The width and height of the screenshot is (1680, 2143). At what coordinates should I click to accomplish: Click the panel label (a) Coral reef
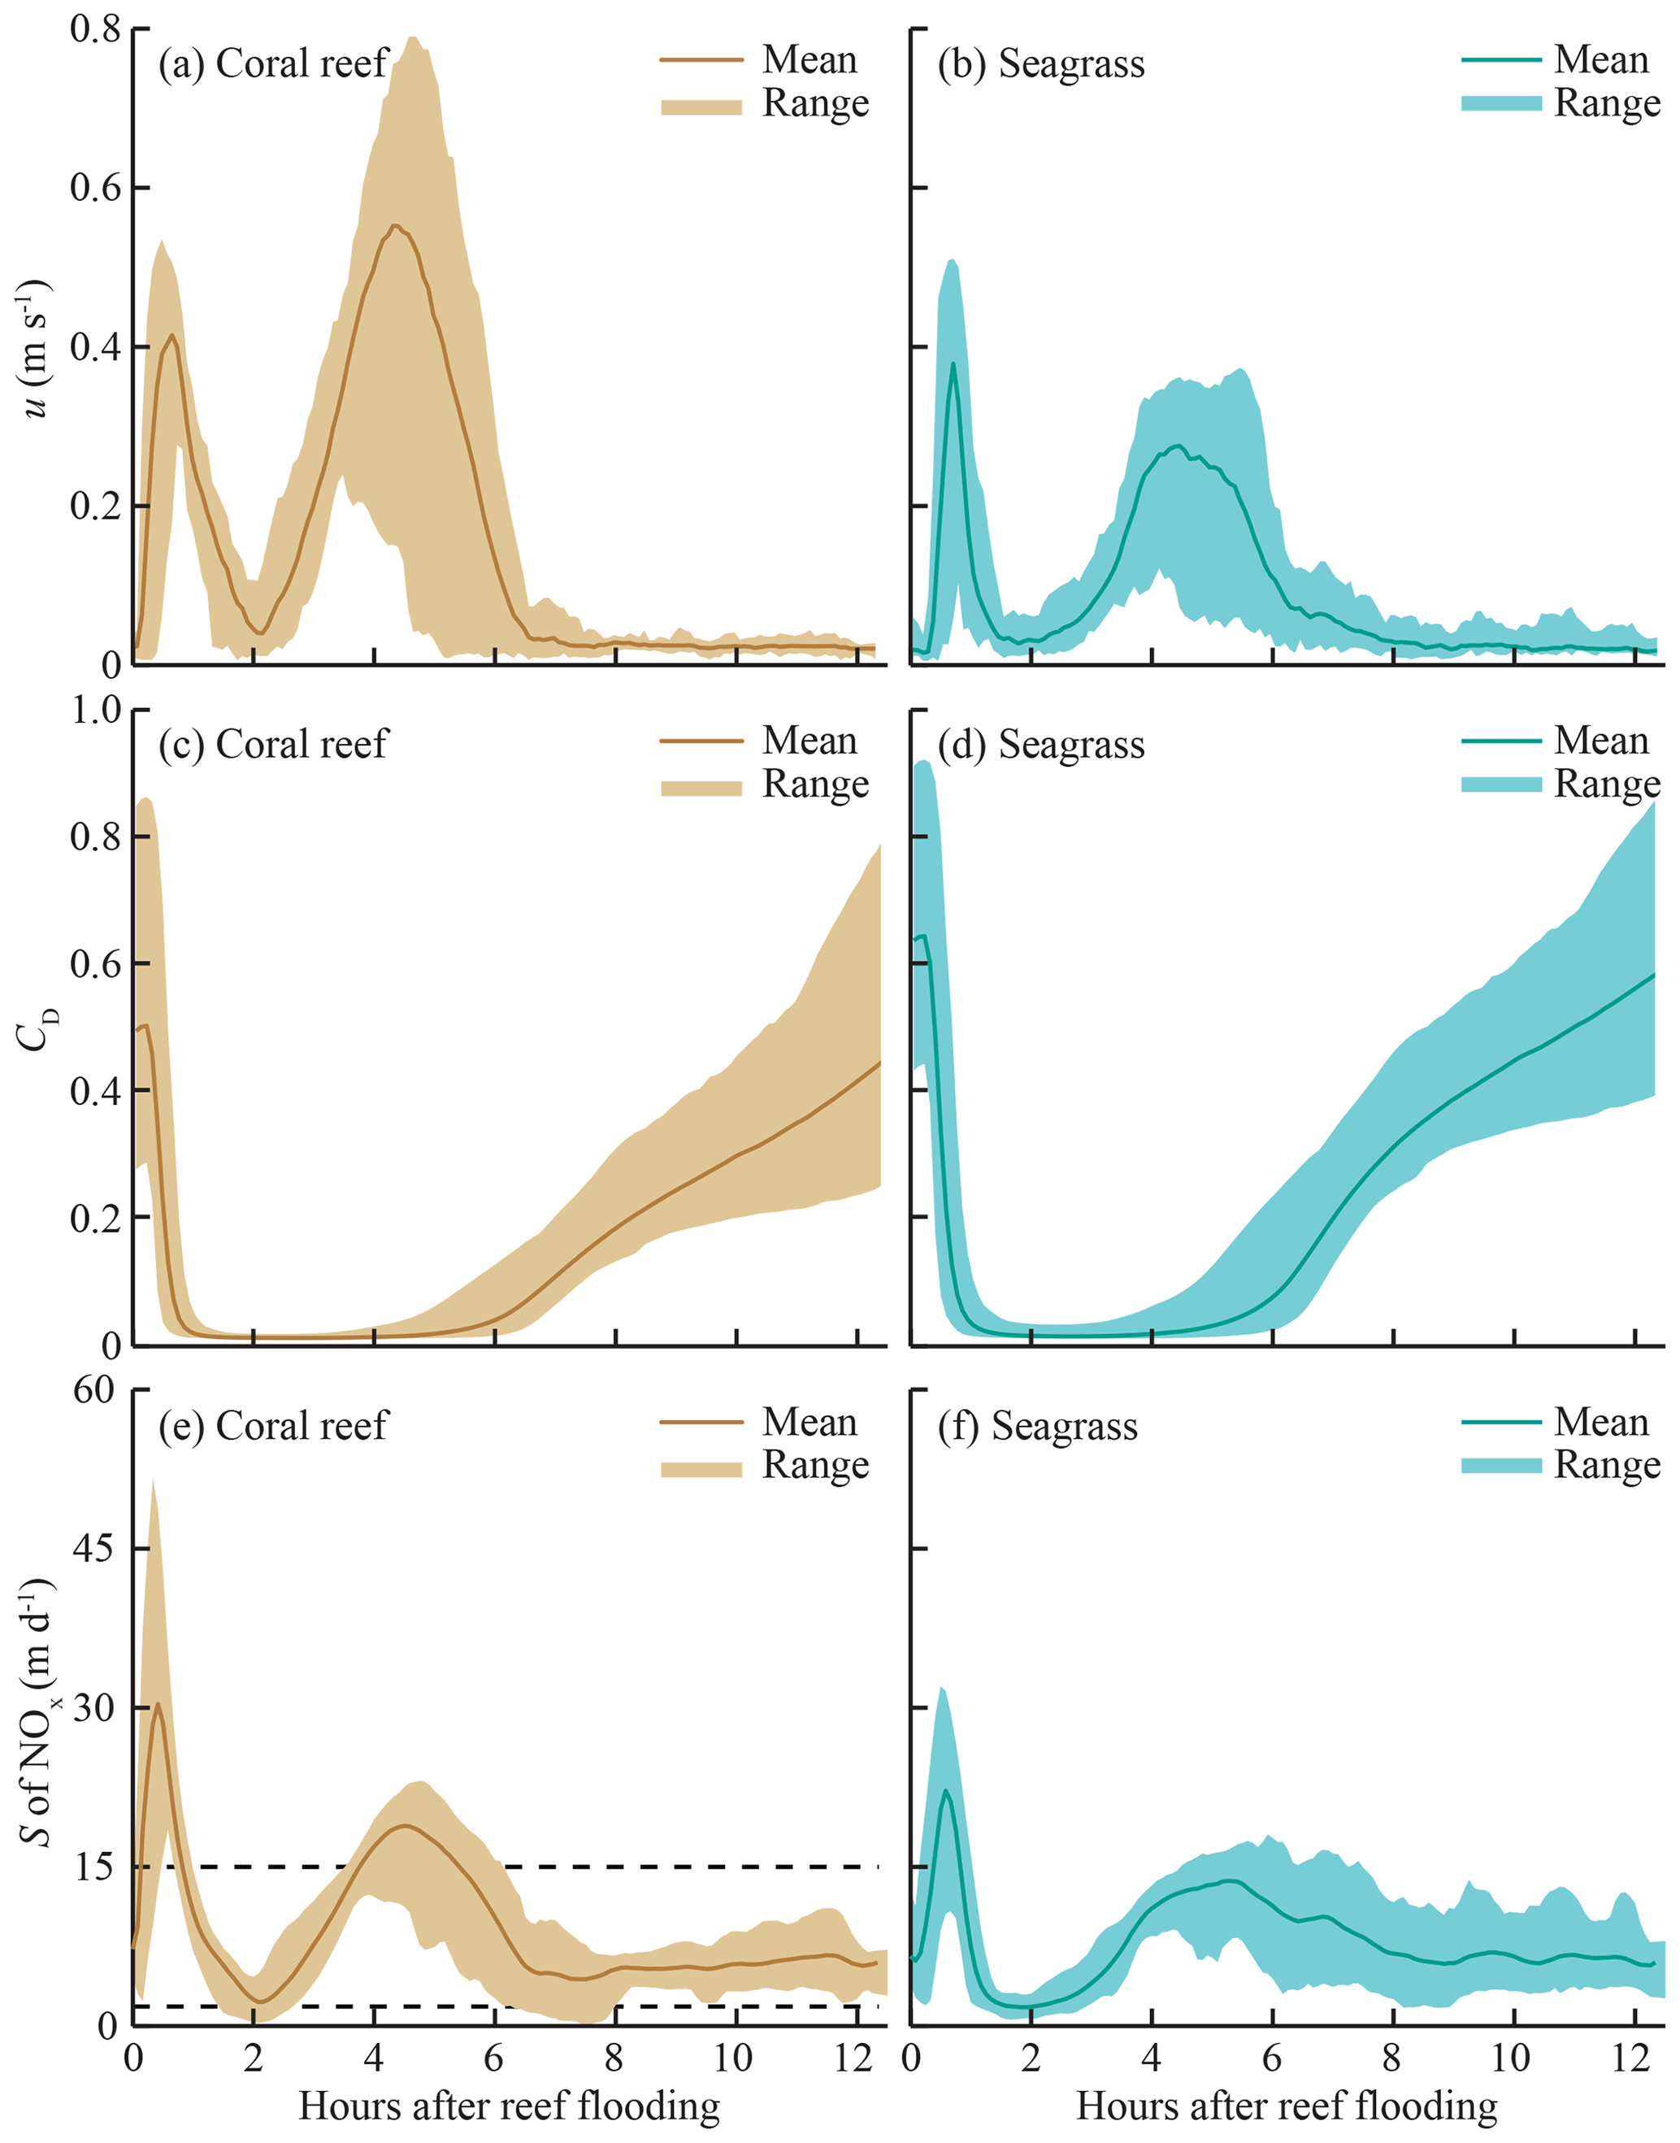click(x=273, y=64)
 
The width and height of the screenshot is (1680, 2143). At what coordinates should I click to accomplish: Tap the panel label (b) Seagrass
click(x=1040, y=64)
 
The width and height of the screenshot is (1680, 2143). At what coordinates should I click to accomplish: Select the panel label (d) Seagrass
click(x=1040, y=745)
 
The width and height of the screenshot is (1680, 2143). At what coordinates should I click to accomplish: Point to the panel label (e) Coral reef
click(x=273, y=1426)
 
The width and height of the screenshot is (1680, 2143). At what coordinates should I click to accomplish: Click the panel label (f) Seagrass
click(x=1037, y=1426)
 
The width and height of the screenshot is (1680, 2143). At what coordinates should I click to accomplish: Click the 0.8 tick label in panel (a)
click(x=94, y=29)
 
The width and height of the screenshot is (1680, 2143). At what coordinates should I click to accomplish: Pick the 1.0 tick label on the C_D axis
click(x=94, y=710)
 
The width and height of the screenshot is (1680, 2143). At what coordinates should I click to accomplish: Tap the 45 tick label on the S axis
click(x=94, y=1549)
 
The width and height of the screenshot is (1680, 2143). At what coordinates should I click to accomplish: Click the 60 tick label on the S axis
click(x=94, y=1390)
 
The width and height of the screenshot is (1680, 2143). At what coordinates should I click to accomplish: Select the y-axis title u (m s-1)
click(x=37, y=350)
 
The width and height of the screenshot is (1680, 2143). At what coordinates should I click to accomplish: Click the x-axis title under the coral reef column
click(x=510, y=2105)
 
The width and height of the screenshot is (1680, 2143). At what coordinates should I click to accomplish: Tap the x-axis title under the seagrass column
click(x=1287, y=2105)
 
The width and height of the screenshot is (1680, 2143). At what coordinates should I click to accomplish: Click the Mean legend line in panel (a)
click(x=701, y=60)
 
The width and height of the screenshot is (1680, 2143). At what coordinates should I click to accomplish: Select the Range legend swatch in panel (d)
click(x=1501, y=785)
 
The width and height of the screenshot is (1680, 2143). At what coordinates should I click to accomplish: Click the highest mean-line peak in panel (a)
click(x=395, y=226)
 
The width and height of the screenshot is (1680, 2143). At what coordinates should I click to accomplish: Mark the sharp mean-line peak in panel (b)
click(x=952, y=365)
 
